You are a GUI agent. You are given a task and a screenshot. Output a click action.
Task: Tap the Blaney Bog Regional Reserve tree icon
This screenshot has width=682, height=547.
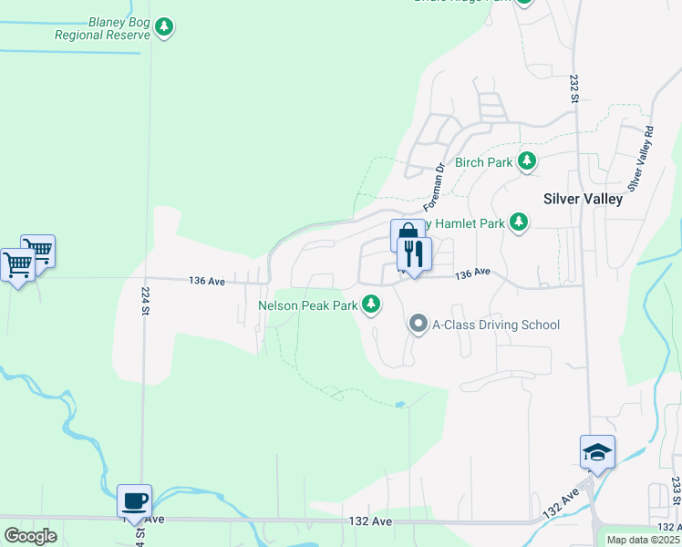tap(164, 27)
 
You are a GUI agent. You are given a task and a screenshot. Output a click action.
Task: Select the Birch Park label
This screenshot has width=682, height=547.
tap(484, 162)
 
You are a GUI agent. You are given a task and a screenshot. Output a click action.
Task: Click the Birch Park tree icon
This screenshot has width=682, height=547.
tap(526, 161)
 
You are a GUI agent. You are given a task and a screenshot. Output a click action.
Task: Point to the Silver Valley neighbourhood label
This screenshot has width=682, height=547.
tap(583, 198)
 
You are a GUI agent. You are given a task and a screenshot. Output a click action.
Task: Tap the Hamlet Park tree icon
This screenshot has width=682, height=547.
tap(519, 222)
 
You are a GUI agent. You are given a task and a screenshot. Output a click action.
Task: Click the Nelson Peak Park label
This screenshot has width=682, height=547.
tap(307, 305)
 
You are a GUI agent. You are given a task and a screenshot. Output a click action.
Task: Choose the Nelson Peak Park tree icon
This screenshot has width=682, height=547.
tap(371, 304)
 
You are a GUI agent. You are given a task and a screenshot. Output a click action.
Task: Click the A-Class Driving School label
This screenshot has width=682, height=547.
tap(496, 325)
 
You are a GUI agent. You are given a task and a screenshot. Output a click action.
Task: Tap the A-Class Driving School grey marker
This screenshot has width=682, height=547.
tap(418, 324)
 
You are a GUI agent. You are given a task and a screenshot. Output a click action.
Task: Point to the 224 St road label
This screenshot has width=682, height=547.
tap(145, 300)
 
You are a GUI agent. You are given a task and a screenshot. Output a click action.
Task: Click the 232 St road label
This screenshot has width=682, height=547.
tap(575, 88)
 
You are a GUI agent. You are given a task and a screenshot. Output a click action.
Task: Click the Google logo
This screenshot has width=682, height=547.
tap(31, 535)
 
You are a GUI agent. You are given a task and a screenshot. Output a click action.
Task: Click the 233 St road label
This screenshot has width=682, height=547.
tap(676, 492)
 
